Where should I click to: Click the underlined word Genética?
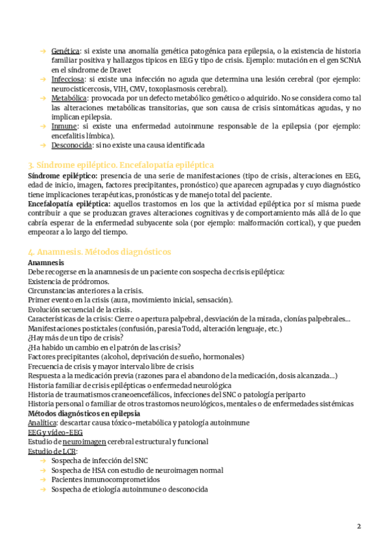point(65,51)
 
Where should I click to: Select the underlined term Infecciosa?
point(67,79)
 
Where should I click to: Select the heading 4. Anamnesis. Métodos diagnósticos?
point(100,251)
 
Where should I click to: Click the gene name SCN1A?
point(349,60)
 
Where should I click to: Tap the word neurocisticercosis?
point(80,89)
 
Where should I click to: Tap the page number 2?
point(359,525)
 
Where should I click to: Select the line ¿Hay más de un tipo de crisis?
point(75,337)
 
